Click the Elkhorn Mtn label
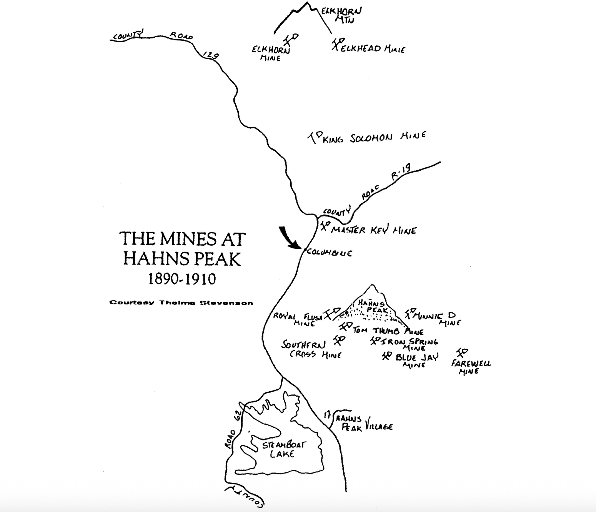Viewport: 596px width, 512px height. (342, 15)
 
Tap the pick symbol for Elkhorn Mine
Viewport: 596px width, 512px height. (291, 39)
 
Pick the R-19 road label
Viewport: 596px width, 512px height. (401, 171)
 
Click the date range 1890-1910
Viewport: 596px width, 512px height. (182, 279)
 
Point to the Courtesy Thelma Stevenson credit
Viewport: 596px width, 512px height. (181, 303)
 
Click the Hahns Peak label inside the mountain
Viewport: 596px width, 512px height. (371, 306)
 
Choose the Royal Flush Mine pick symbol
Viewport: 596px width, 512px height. (331, 313)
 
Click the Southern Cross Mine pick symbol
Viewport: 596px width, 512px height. (339, 340)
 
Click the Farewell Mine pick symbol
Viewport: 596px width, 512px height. (462, 352)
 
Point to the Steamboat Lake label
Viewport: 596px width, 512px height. (283, 449)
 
